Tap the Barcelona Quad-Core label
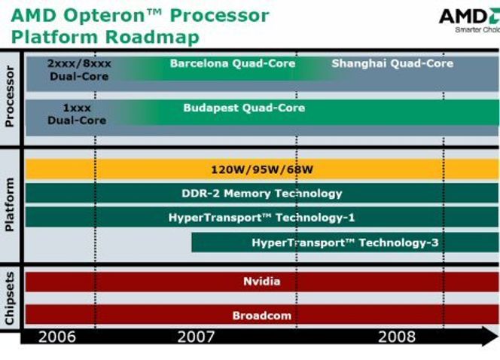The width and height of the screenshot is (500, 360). [x=233, y=64]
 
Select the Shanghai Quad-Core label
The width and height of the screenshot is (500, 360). [x=392, y=64]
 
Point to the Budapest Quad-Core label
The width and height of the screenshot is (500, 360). [x=244, y=108]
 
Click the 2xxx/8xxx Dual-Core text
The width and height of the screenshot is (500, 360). [x=79, y=70]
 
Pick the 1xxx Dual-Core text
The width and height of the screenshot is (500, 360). [x=78, y=114]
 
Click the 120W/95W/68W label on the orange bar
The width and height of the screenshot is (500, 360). [x=262, y=169]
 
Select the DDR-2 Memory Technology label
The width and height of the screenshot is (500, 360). [x=262, y=194]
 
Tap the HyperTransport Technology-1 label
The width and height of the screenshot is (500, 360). [x=261, y=218]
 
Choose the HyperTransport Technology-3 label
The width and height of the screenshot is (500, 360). [x=345, y=243]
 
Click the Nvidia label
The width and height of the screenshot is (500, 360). [x=262, y=282]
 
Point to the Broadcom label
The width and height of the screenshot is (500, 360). [x=262, y=316]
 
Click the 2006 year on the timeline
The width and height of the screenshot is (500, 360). [x=57, y=337]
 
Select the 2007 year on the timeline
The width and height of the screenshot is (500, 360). [x=196, y=337]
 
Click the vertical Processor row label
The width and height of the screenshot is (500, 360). [x=10, y=96]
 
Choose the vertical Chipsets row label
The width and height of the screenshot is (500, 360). [x=10, y=298]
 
